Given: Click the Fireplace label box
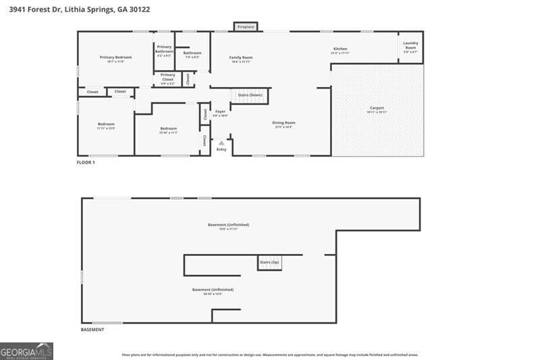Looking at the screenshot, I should [246, 26].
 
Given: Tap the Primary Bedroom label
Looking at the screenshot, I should [115, 57].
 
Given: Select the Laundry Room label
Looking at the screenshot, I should [410, 45].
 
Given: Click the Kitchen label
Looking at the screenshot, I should [340, 49].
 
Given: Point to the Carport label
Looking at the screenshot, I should [377, 108].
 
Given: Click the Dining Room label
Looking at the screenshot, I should [283, 123].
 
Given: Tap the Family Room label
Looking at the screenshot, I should [241, 58].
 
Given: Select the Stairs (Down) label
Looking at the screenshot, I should [250, 95].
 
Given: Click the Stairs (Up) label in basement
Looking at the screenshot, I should [269, 261].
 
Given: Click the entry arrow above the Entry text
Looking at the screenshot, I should [221, 143].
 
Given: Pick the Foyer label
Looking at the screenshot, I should [220, 111].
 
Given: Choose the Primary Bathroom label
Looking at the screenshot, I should [164, 49].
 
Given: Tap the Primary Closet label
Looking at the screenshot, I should [167, 77].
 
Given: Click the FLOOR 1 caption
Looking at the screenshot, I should [86, 163].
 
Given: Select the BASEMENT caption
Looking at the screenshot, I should [92, 330].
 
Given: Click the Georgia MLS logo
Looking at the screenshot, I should [26, 351].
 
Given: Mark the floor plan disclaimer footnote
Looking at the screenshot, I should [270, 354].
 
